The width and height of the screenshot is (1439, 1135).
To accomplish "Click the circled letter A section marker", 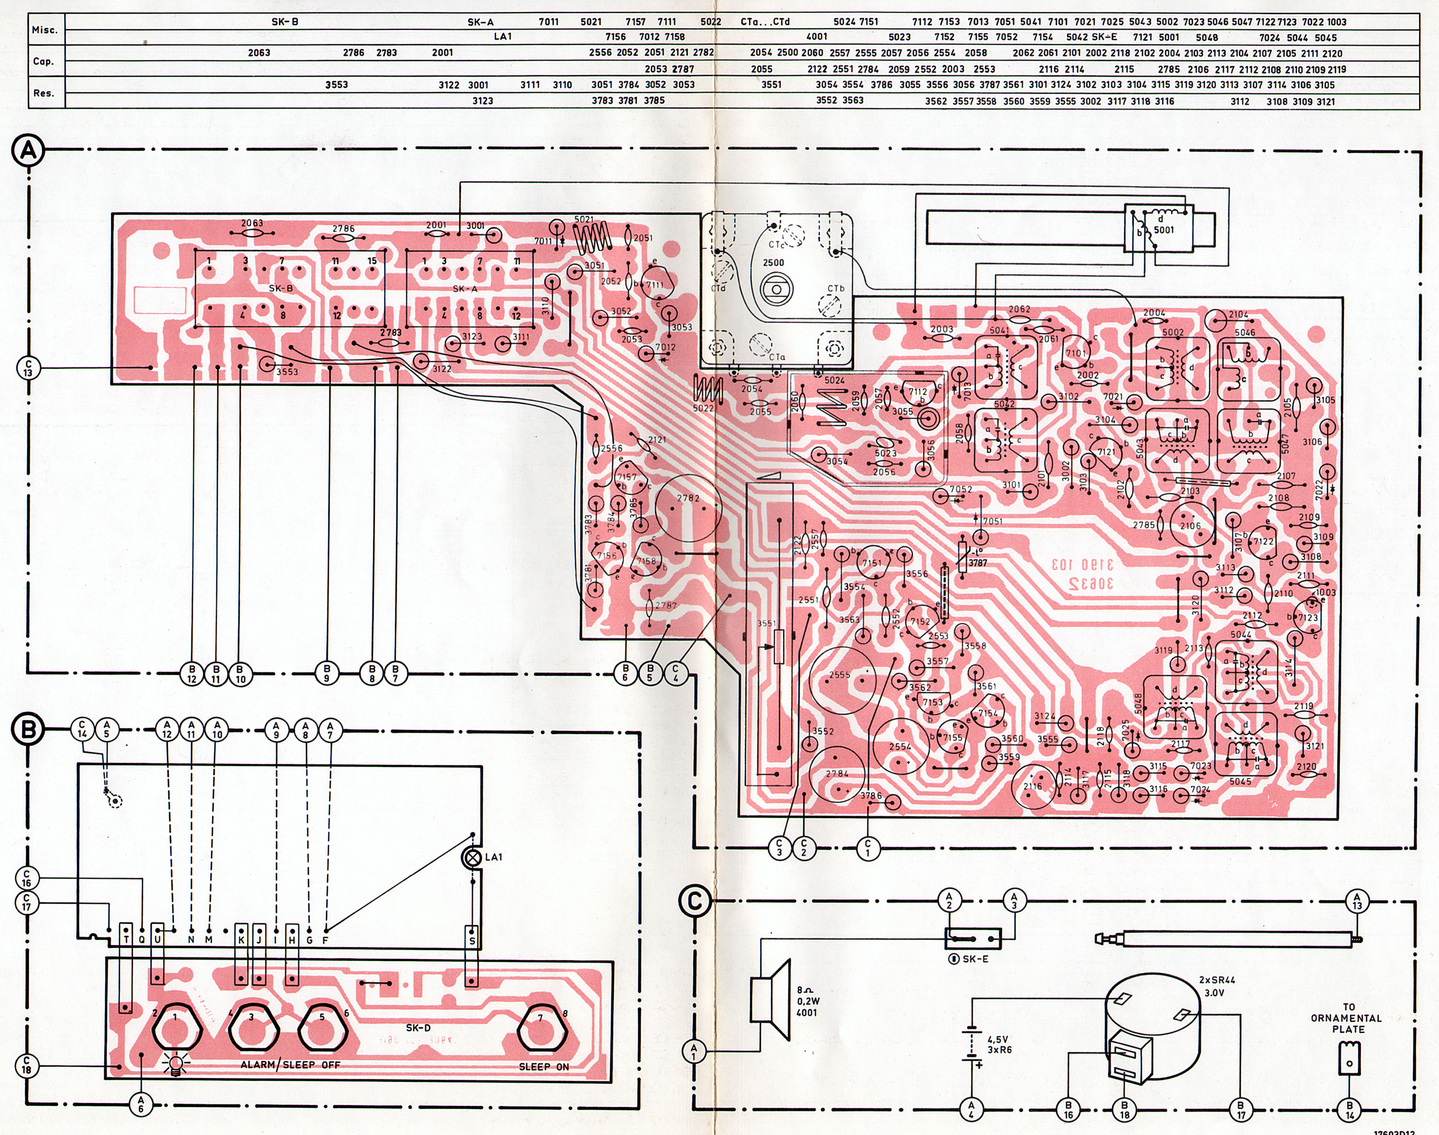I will [x=28, y=151].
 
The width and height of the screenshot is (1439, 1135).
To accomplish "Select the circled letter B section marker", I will [x=28, y=729].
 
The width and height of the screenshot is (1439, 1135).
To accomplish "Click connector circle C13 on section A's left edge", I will [x=28, y=368].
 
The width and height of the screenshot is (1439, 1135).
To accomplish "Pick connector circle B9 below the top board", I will [x=327, y=674].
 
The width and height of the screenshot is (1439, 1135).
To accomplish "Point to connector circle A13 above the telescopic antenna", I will [x=1356, y=901].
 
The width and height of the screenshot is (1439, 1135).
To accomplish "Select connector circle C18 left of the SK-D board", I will [x=26, y=1066].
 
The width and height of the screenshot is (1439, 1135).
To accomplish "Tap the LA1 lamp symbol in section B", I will [x=472, y=858].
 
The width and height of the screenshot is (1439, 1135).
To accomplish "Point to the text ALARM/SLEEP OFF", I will [x=290, y=1064].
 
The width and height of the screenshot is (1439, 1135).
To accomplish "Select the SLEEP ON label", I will [x=543, y=1066].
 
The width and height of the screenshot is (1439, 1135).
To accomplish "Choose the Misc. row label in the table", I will [x=45, y=30].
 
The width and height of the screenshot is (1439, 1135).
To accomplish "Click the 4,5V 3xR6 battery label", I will [x=999, y=1045].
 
